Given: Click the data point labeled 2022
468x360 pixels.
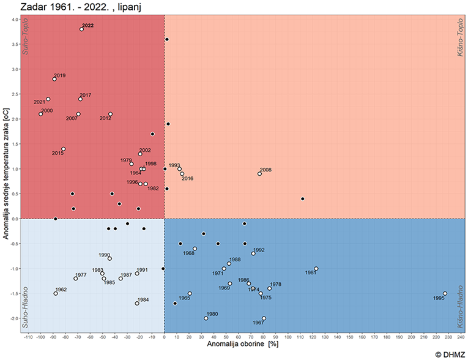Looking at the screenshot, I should (81, 29).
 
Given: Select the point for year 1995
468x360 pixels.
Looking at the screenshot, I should (445, 293).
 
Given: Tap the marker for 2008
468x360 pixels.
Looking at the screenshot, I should (259, 174).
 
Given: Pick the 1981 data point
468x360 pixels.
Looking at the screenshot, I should (316, 269).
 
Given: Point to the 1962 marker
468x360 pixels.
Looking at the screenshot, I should (56, 293).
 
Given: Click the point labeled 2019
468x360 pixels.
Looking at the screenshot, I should (54, 79).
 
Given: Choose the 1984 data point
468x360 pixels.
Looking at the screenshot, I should (137, 303).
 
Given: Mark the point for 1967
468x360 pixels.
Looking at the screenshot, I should (264, 318).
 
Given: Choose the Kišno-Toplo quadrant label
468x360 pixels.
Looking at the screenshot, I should (461, 38).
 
